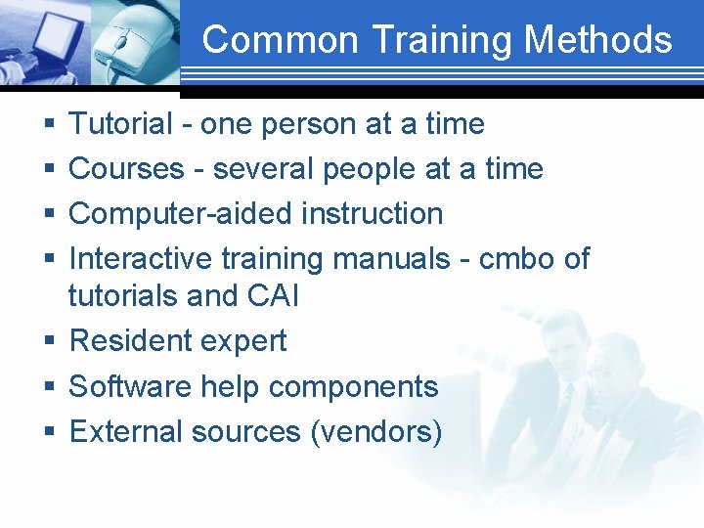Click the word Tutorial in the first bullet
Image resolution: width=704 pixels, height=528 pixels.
point(120,124)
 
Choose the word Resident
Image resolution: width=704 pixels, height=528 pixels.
point(132,341)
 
